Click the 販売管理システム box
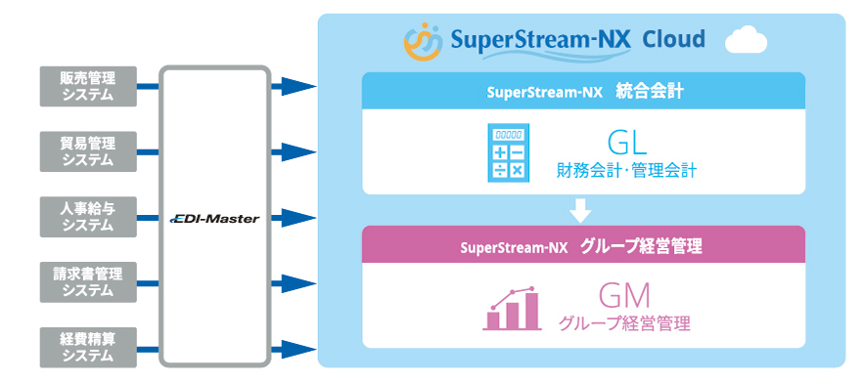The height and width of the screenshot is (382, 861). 87,86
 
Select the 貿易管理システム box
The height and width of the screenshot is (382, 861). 87,151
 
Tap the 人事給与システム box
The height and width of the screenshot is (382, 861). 87,216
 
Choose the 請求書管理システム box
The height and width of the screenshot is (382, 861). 87,281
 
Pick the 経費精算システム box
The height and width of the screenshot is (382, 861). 87,347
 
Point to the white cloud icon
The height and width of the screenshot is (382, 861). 747,41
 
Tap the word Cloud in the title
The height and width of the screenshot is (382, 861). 673,40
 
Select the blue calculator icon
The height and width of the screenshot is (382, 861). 507,151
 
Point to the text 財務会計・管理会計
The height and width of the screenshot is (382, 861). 626,170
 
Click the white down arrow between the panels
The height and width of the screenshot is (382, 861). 582,209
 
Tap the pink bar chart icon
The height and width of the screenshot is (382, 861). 512,308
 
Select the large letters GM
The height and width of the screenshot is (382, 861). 624,294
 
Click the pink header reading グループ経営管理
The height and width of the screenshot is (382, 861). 582,244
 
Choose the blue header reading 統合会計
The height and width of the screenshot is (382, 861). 582,91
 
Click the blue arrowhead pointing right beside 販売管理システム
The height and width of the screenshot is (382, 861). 294,86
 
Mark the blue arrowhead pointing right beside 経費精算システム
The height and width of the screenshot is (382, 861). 294,347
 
